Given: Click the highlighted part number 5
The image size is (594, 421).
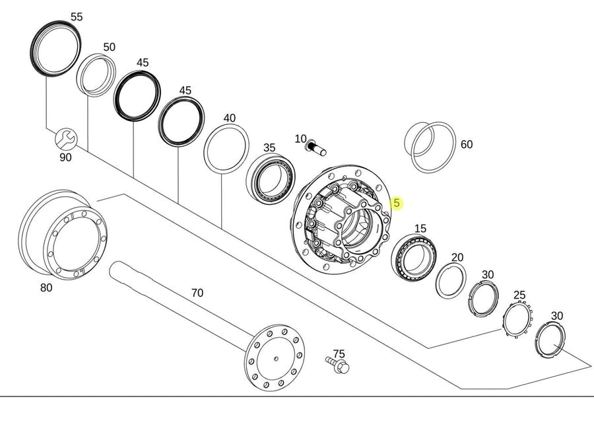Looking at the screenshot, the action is [396, 203].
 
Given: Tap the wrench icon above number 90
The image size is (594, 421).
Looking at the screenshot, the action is [66, 139].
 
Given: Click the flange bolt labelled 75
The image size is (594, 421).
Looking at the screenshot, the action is [337, 364].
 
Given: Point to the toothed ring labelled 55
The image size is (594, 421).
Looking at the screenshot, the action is [55, 50].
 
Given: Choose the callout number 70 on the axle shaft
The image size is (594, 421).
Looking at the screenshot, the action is [197, 293].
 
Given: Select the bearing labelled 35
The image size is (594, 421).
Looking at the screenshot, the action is [271, 178].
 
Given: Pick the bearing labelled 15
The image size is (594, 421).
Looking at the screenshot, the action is [414, 258].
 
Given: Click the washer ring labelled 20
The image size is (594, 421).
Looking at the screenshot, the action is [451, 281].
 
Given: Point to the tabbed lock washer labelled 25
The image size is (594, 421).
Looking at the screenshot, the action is [517, 319].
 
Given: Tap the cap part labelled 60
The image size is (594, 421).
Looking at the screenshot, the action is [430, 147].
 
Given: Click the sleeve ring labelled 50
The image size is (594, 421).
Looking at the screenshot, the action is [96, 75].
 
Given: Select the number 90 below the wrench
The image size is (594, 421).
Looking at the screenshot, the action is [65, 157].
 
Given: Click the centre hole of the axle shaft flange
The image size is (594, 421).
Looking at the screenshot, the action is [276, 358].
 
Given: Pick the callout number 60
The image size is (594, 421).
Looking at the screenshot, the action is [467, 144].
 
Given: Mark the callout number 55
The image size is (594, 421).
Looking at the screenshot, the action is [77, 17].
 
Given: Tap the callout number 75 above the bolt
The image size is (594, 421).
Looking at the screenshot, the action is [339, 354].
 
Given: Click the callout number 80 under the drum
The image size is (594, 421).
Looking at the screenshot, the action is [46, 288].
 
